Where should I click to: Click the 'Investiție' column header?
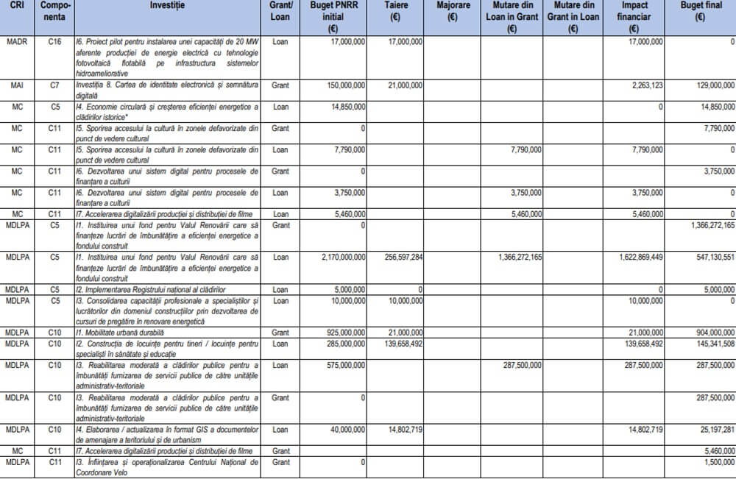pos(167,5)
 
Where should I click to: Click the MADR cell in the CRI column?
pos(15,43)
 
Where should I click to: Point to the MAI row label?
pos(15,86)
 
